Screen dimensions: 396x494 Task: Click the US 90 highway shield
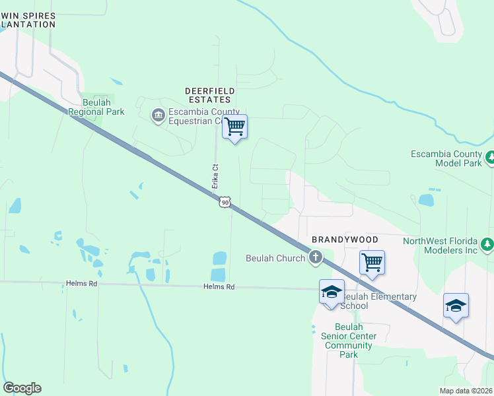click(225, 202)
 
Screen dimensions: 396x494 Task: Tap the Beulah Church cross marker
click(316, 257)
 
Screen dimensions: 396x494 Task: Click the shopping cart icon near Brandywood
click(372, 262)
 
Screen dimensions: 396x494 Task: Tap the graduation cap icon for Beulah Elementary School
click(331, 291)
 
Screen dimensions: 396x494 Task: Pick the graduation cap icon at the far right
click(456, 305)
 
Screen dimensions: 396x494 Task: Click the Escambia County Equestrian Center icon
click(158, 115)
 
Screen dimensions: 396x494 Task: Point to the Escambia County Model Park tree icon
click(490, 158)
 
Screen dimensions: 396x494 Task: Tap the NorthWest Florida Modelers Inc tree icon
click(487, 245)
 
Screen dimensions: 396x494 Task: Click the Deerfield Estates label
click(207, 94)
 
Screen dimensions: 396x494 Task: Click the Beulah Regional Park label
click(96, 107)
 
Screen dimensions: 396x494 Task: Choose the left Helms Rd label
click(81, 283)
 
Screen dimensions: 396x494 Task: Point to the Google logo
click(22, 388)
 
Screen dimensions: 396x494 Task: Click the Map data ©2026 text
click(466, 391)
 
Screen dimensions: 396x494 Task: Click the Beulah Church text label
click(275, 258)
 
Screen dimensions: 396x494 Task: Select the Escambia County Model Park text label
click(447, 158)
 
